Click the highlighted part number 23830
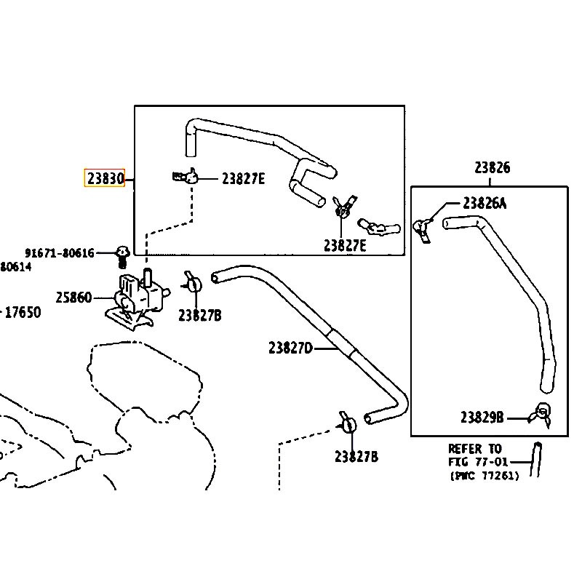point(105,178)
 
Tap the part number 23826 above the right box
point(493,168)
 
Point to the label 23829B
point(482,418)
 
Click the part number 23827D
point(290,348)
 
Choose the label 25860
point(73,298)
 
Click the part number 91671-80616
point(60,253)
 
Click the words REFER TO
point(474,449)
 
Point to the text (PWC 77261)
point(484,476)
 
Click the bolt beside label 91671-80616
point(122,256)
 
